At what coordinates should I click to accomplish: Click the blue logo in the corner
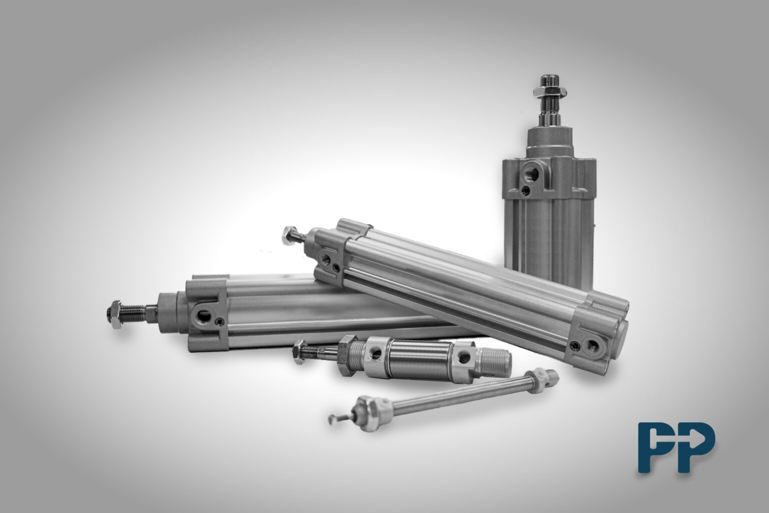point(677,448)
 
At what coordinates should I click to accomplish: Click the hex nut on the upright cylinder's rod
point(550,92)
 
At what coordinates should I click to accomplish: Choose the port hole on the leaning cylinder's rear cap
point(593,347)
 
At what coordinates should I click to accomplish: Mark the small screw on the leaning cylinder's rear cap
point(572,345)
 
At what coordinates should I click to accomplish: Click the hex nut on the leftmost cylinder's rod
point(115,314)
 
